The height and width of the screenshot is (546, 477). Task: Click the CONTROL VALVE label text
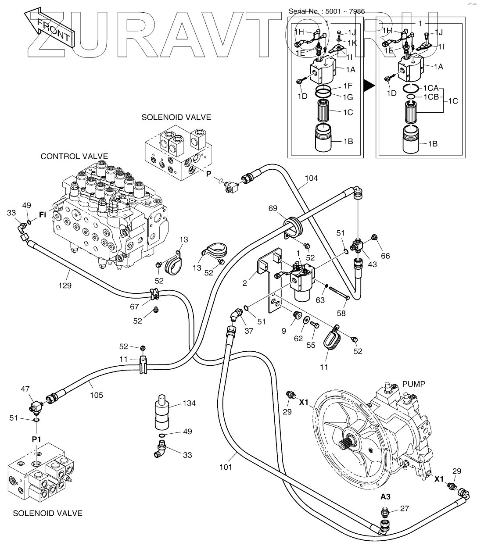tap(74, 156)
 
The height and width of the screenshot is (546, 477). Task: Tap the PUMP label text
tap(414, 384)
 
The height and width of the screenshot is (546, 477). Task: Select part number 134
tap(190, 403)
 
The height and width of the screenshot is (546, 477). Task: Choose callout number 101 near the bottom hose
tap(226, 467)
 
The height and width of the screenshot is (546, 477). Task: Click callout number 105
tap(97, 395)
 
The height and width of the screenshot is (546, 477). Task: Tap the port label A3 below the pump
tap(385, 496)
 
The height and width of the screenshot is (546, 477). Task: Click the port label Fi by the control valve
tap(43, 215)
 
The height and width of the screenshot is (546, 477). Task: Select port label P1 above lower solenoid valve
tap(36, 439)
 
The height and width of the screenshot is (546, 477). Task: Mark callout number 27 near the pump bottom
tap(405, 509)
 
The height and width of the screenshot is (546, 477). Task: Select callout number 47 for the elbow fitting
tap(25, 389)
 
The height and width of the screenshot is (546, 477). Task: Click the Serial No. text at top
tap(326, 11)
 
